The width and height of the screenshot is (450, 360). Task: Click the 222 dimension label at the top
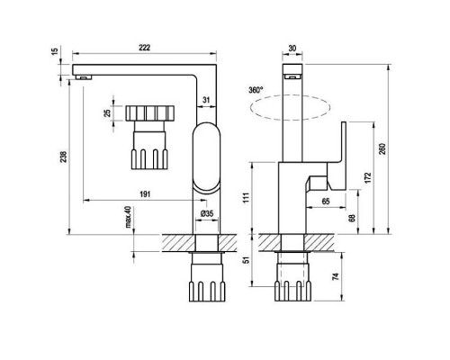144,48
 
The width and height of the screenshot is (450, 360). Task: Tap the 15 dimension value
55,51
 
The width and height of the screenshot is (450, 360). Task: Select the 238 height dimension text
64,157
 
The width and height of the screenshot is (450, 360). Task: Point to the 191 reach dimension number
145,194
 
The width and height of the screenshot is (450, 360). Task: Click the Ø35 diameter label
207,213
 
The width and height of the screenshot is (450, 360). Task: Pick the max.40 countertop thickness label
128,217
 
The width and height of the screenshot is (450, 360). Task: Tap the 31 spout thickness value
206,100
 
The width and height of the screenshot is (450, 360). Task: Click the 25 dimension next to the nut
107,113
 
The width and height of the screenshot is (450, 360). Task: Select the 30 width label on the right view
292,48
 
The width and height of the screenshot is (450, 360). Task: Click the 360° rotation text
256,90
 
